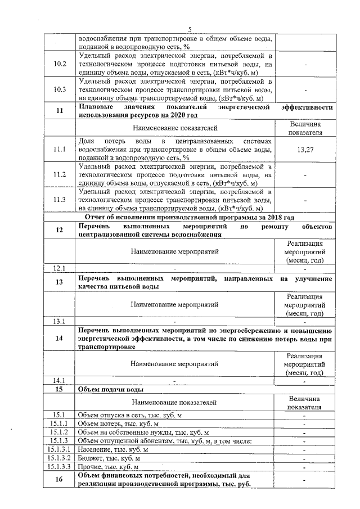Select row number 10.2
(60, 65)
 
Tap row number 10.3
(60, 90)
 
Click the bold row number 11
(60, 111)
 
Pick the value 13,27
(305, 150)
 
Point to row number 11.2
(60, 175)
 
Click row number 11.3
(60, 200)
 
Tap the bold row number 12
(60, 230)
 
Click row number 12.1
(60, 268)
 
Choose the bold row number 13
(60, 283)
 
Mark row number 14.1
(60, 380)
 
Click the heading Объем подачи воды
(110, 389)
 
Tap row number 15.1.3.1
(60, 449)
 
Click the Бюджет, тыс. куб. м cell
(109, 458)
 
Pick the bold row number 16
(60, 480)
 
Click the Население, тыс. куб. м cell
(113, 449)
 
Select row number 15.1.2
(60, 432)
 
